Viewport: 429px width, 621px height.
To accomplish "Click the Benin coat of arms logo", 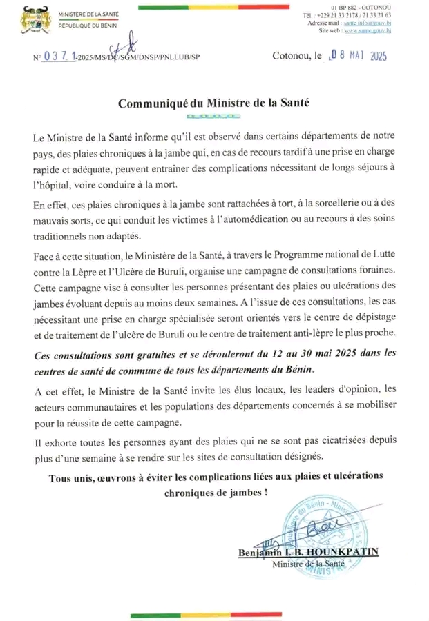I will click(x=31, y=18).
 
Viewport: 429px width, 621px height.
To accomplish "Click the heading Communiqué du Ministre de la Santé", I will click(x=214, y=103).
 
